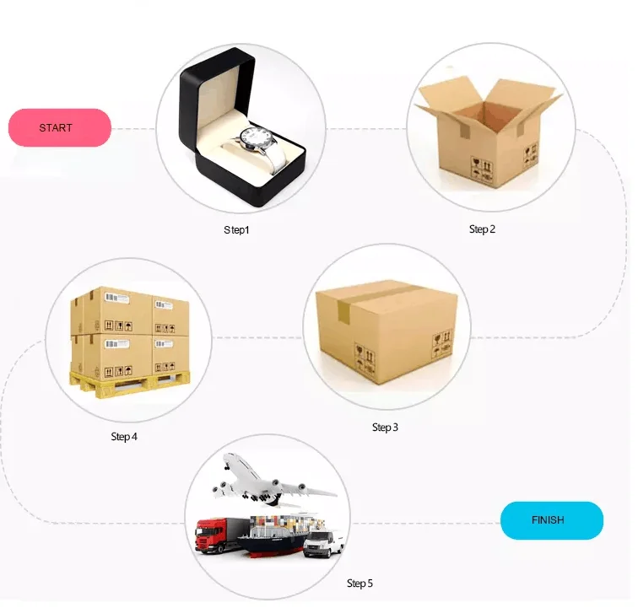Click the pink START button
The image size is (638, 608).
point(59,128)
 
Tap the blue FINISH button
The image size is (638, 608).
point(552,520)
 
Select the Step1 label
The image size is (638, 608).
point(236,229)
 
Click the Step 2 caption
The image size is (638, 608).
point(482,229)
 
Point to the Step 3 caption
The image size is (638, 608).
point(385,428)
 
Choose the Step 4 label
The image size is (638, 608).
point(124,437)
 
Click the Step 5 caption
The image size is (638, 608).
point(360,583)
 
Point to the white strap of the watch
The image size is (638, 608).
point(274,160)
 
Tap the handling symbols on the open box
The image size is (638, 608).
point(482,169)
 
